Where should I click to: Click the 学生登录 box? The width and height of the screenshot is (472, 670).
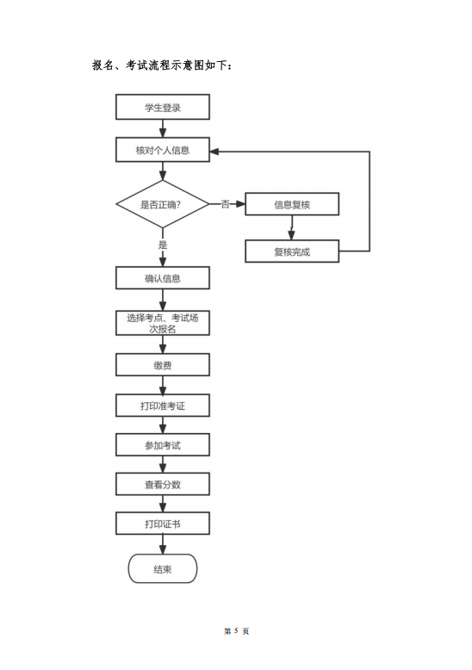point(163,107)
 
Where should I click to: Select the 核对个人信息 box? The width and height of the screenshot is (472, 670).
point(163,150)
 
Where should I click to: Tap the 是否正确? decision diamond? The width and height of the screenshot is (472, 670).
point(163,204)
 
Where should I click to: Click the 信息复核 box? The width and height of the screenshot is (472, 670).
point(292,204)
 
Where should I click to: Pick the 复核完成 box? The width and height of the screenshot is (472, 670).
point(292,251)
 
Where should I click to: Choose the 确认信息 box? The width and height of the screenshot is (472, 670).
point(163,278)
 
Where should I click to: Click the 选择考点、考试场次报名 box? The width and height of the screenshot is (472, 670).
point(163,323)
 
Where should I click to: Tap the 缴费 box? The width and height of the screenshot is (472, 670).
point(163,365)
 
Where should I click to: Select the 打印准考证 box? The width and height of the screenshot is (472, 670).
point(163,406)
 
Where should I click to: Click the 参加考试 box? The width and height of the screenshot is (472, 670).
point(163,445)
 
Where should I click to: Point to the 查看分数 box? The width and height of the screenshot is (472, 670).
point(163,484)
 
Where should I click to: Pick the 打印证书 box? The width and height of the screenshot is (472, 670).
point(163,524)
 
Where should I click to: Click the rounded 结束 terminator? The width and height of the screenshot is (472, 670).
point(163,568)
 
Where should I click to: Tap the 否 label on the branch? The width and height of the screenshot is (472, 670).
point(226,204)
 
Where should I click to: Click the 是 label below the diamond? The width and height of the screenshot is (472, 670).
point(163,245)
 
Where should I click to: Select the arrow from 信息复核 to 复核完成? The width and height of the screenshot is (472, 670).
point(292,227)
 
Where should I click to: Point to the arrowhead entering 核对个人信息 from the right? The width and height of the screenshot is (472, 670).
point(214,152)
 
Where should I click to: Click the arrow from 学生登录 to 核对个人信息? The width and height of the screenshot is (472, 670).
point(163,128)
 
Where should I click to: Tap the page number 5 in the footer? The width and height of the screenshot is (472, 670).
point(236,630)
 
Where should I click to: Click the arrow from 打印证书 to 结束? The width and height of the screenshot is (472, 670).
point(163,544)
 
